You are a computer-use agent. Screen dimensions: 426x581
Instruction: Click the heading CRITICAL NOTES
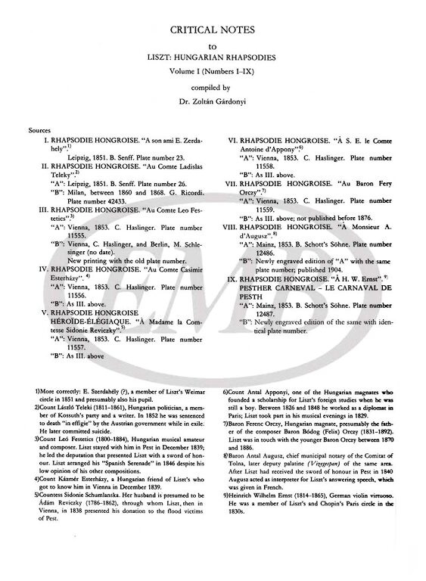point(212,30)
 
